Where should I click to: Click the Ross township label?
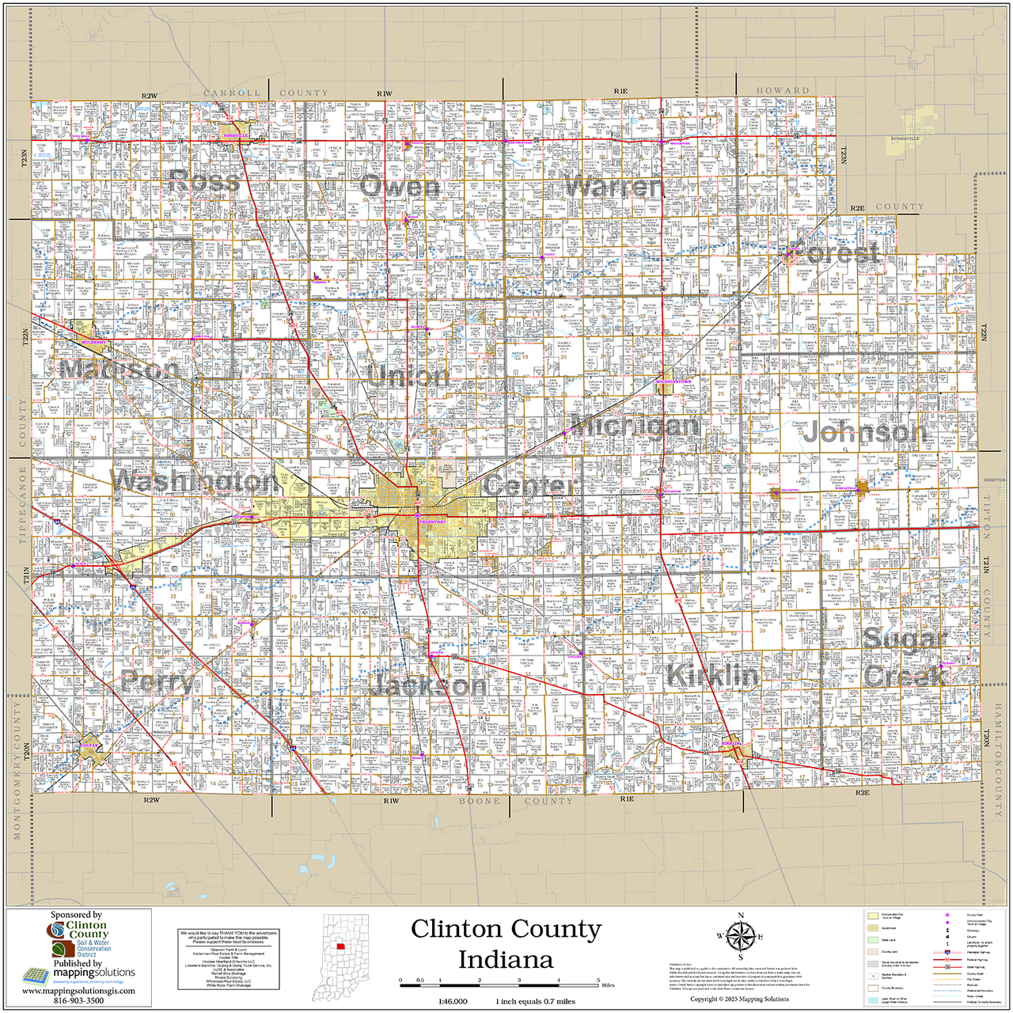[204, 182]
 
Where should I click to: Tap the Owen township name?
[399, 187]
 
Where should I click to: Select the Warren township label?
[613, 187]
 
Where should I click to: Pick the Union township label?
[408, 376]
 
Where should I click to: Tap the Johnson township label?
[864, 432]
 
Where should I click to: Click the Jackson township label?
[428, 685]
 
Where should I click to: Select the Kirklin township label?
[712, 675]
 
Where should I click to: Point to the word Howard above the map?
[783, 90]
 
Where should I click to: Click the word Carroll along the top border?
[232, 93]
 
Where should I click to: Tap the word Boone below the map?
[480, 801]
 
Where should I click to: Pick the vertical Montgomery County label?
[15, 768]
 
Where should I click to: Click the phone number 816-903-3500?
[78, 1000]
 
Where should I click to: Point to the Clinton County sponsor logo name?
[86, 930]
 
